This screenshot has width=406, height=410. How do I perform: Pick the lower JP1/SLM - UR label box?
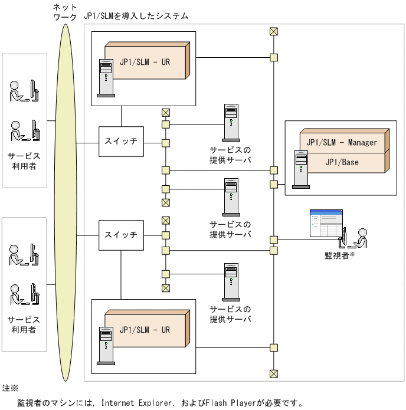145,330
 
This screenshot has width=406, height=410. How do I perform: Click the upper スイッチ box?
121,142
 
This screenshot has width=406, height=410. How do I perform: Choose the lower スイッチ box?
121,235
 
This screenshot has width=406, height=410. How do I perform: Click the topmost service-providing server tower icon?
231,122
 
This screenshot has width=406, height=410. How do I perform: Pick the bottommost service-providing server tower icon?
231,282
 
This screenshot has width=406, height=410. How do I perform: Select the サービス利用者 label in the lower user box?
24,324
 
